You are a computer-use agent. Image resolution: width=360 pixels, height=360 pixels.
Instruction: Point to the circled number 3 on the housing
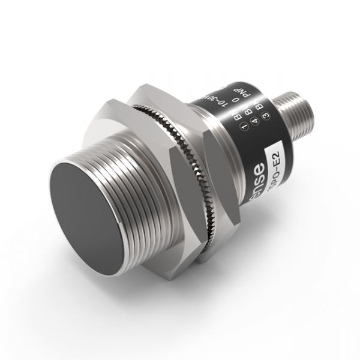265,116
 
